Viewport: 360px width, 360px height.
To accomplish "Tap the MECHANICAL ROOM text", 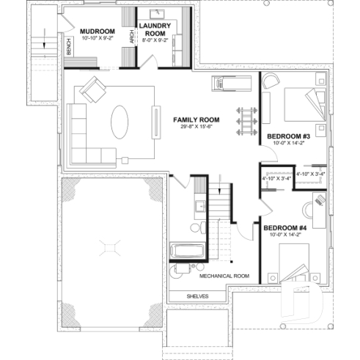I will coord(224,276).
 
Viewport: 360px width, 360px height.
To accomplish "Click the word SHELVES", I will coord(197,296).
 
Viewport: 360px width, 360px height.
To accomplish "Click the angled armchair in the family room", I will coord(94,89).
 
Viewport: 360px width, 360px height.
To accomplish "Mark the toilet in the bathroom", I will coord(196,228).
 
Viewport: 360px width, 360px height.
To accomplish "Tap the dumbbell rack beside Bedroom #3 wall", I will coord(246,120).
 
